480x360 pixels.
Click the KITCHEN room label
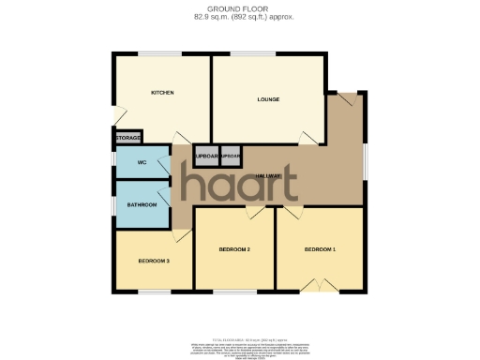click(x=163, y=93)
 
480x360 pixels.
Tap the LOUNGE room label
click(x=269, y=98)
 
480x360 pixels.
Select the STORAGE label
click(x=128, y=138)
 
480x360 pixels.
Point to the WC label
click(x=142, y=162)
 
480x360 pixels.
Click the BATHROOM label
click(x=142, y=204)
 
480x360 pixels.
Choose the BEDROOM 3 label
click(x=153, y=260)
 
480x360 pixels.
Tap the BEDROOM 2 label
click(x=233, y=249)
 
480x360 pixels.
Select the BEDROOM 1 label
click(x=319, y=249)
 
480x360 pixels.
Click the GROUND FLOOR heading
click(x=239, y=9)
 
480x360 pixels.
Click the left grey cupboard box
click(x=205, y=156)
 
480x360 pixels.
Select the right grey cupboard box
click(x=231, y=156)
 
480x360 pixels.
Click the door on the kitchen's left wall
click(x=118, y=113)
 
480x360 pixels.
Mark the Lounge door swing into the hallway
click(x=307, y=138)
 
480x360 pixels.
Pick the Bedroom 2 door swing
click(x=254, y=213)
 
